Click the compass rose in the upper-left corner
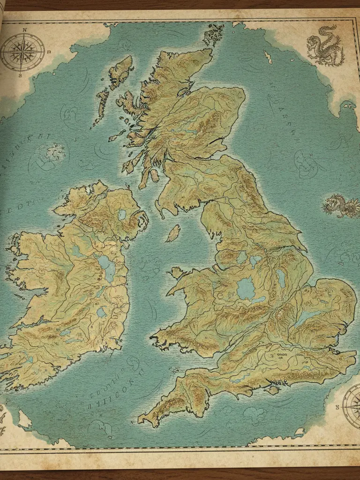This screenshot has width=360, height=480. coord(22,52)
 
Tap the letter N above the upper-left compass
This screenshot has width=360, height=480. coord(23,29)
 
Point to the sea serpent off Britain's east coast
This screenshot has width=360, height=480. coord(341,205)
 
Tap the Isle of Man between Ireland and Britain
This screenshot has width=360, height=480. coord(173,233)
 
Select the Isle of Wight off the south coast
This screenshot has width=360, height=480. coord(271,390)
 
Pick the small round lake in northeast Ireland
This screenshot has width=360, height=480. coord(122,215)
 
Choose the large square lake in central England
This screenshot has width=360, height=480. coord(246,289)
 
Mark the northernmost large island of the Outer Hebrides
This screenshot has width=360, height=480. coord(120,70)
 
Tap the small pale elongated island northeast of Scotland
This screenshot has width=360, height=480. coord(268,57)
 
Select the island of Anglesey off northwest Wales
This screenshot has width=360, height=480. coord(177,272)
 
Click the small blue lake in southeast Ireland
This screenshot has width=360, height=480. coord(101,312)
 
